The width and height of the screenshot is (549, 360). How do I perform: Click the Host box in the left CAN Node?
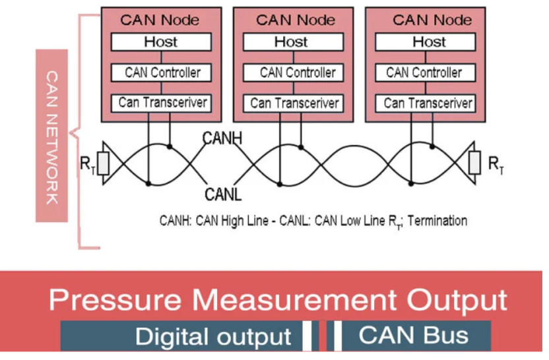pyautogui.click(x=161, y=42)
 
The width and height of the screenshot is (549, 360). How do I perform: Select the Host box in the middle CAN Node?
pyautogui.click(x=292, y=42)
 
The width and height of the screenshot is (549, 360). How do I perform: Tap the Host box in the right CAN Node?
pyautogui.click(x=429, y=42)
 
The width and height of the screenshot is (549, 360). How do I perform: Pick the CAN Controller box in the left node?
pyautogui.click(x=162, y=73)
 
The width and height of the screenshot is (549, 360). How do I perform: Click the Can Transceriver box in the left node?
pyautogui.click(x=162, y=103)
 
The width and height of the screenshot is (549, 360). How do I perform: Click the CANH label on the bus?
pyautogui.click(x=222, y=138)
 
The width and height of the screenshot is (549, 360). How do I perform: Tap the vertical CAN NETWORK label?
pyautogui.click(x=53, y=135)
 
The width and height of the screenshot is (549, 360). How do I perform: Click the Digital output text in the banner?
pyautogui.click(x=212, y=336)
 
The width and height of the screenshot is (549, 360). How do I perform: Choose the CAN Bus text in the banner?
pyautogui.click(x=414, y=335)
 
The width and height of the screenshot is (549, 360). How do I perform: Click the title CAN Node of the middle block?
pyautogui.click(x=292, y=19)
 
